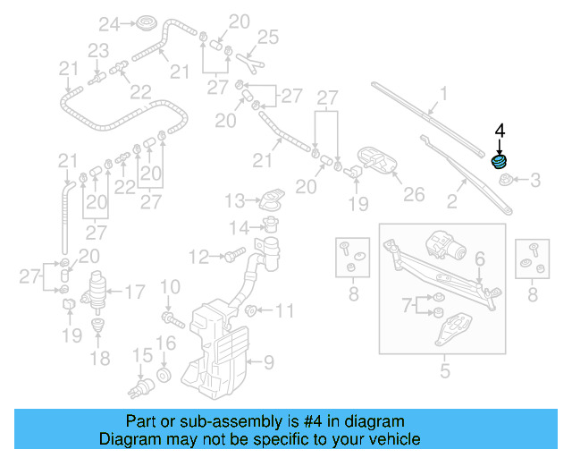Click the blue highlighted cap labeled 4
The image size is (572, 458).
point(500,162)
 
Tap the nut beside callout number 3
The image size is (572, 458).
point(507,182)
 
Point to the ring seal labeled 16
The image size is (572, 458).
point(164,372)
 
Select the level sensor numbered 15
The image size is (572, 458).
point(139,386)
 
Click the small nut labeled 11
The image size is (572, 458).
point(253,311)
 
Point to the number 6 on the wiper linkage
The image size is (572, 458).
point(478,259)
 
